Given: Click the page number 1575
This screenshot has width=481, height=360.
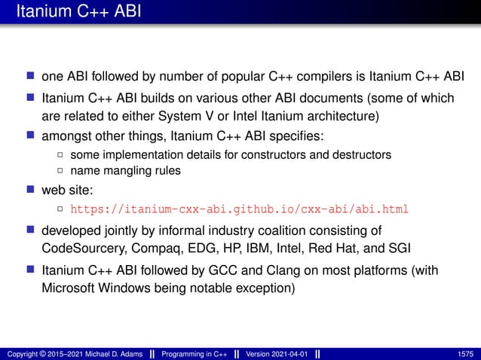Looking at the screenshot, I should [465, 353].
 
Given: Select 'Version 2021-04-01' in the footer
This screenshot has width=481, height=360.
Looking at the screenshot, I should [275, 353].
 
